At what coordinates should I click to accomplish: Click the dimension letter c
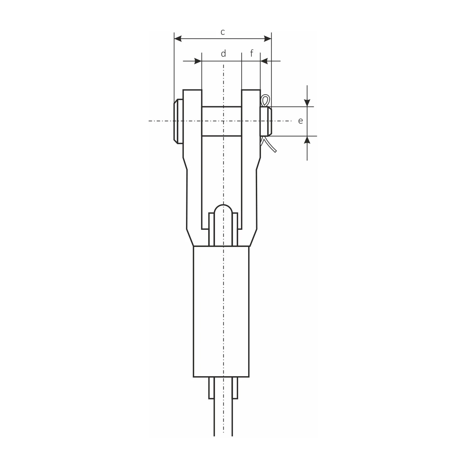click(223, 32)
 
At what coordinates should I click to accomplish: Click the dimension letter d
click(223, 53)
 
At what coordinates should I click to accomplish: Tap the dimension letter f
click(252, 53)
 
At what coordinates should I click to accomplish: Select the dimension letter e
click(301, 121)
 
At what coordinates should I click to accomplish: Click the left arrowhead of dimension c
click(178, 39)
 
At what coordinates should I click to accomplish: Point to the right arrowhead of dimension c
click(267, 39)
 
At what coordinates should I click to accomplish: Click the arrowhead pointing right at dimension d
click(198, 61)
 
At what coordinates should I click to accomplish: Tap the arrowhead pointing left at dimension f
click(264, 61)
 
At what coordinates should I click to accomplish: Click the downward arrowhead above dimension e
click(307, 103)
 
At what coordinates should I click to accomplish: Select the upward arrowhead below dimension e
click(307, 140)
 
